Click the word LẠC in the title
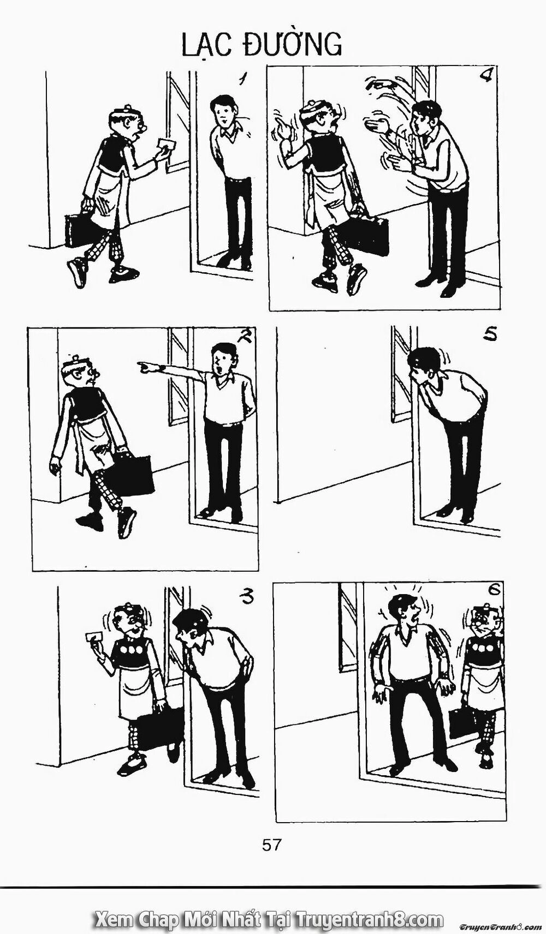coord(209,44)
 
